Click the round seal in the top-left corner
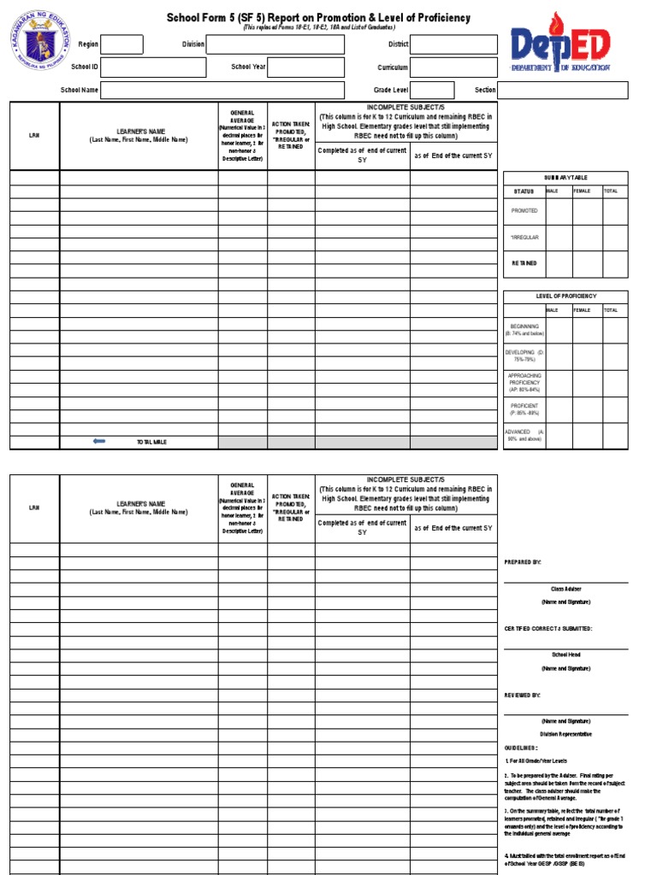coord(43,46)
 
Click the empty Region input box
coord(122,44)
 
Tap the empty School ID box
coord(152,68)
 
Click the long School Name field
coord(222,91)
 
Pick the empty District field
coord(454,44)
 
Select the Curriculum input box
coord(454,68)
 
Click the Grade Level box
coord(434,91)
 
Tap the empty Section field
coord(563,91)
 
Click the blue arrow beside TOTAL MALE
coord(99,441)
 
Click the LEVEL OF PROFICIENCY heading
coord(565,297)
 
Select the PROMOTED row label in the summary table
coord(524,210)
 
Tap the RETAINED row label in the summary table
coord(524,263)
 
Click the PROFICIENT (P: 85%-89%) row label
coord(524,409)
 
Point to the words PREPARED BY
coord(523,562)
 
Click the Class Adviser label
coord(565,589)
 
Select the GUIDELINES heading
coord(521,747)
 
